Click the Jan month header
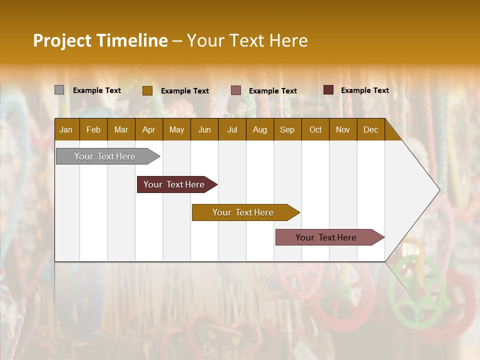coord(66,129)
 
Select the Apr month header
coord(148,129)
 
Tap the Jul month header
coord(232,129)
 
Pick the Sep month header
coord(287,129)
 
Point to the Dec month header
coord(370,129)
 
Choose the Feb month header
coord(93,129)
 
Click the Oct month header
coord(315,129)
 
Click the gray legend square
coord(59,90)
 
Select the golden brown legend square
coord(147,90)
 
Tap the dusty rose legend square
coord(235,90)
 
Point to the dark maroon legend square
coord(328,90)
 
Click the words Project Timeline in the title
coord(100,40)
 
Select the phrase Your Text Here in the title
coord(247,40)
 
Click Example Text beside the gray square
coord(97,90)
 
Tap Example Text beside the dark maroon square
coord(364,90)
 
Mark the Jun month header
coord(204,129)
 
